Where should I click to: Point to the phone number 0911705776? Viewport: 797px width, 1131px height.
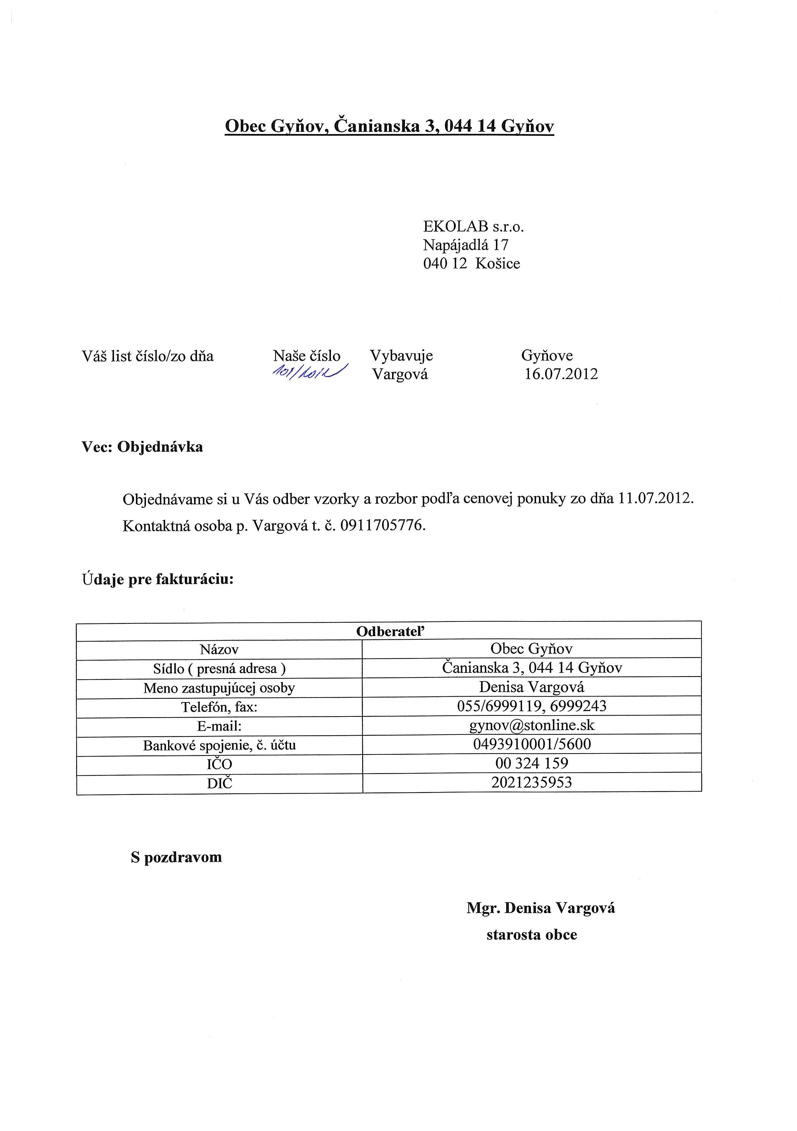(x=382, y=526)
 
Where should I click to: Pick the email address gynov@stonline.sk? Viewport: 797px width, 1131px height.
(x=532, y=725)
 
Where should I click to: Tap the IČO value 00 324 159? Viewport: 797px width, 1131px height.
(x=532, y=763)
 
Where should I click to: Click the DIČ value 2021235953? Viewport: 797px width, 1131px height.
(x=532, y=782)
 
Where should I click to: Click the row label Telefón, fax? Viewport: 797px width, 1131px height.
(x=219, y=707)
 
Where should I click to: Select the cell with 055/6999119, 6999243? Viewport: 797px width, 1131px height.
(x=532, y=706)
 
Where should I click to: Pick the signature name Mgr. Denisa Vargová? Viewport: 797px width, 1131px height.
(x=540, y=908)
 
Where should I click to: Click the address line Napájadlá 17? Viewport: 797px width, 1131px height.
(x=465, y=245)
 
